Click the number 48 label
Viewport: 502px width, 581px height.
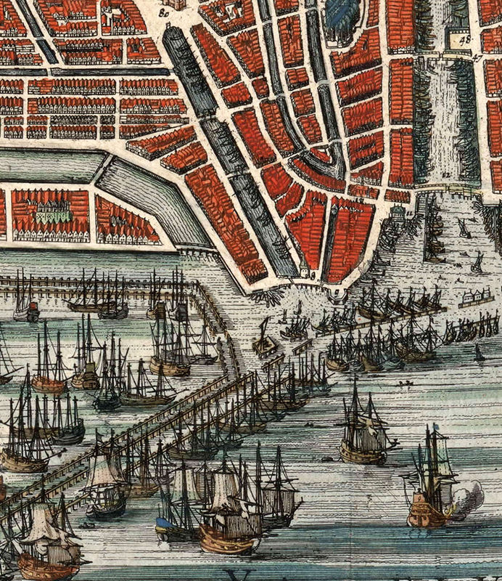[x=465, y=40]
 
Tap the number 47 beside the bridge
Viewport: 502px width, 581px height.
[x=477, y=56]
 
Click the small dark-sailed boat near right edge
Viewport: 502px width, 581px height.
[x=479, y=354]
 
